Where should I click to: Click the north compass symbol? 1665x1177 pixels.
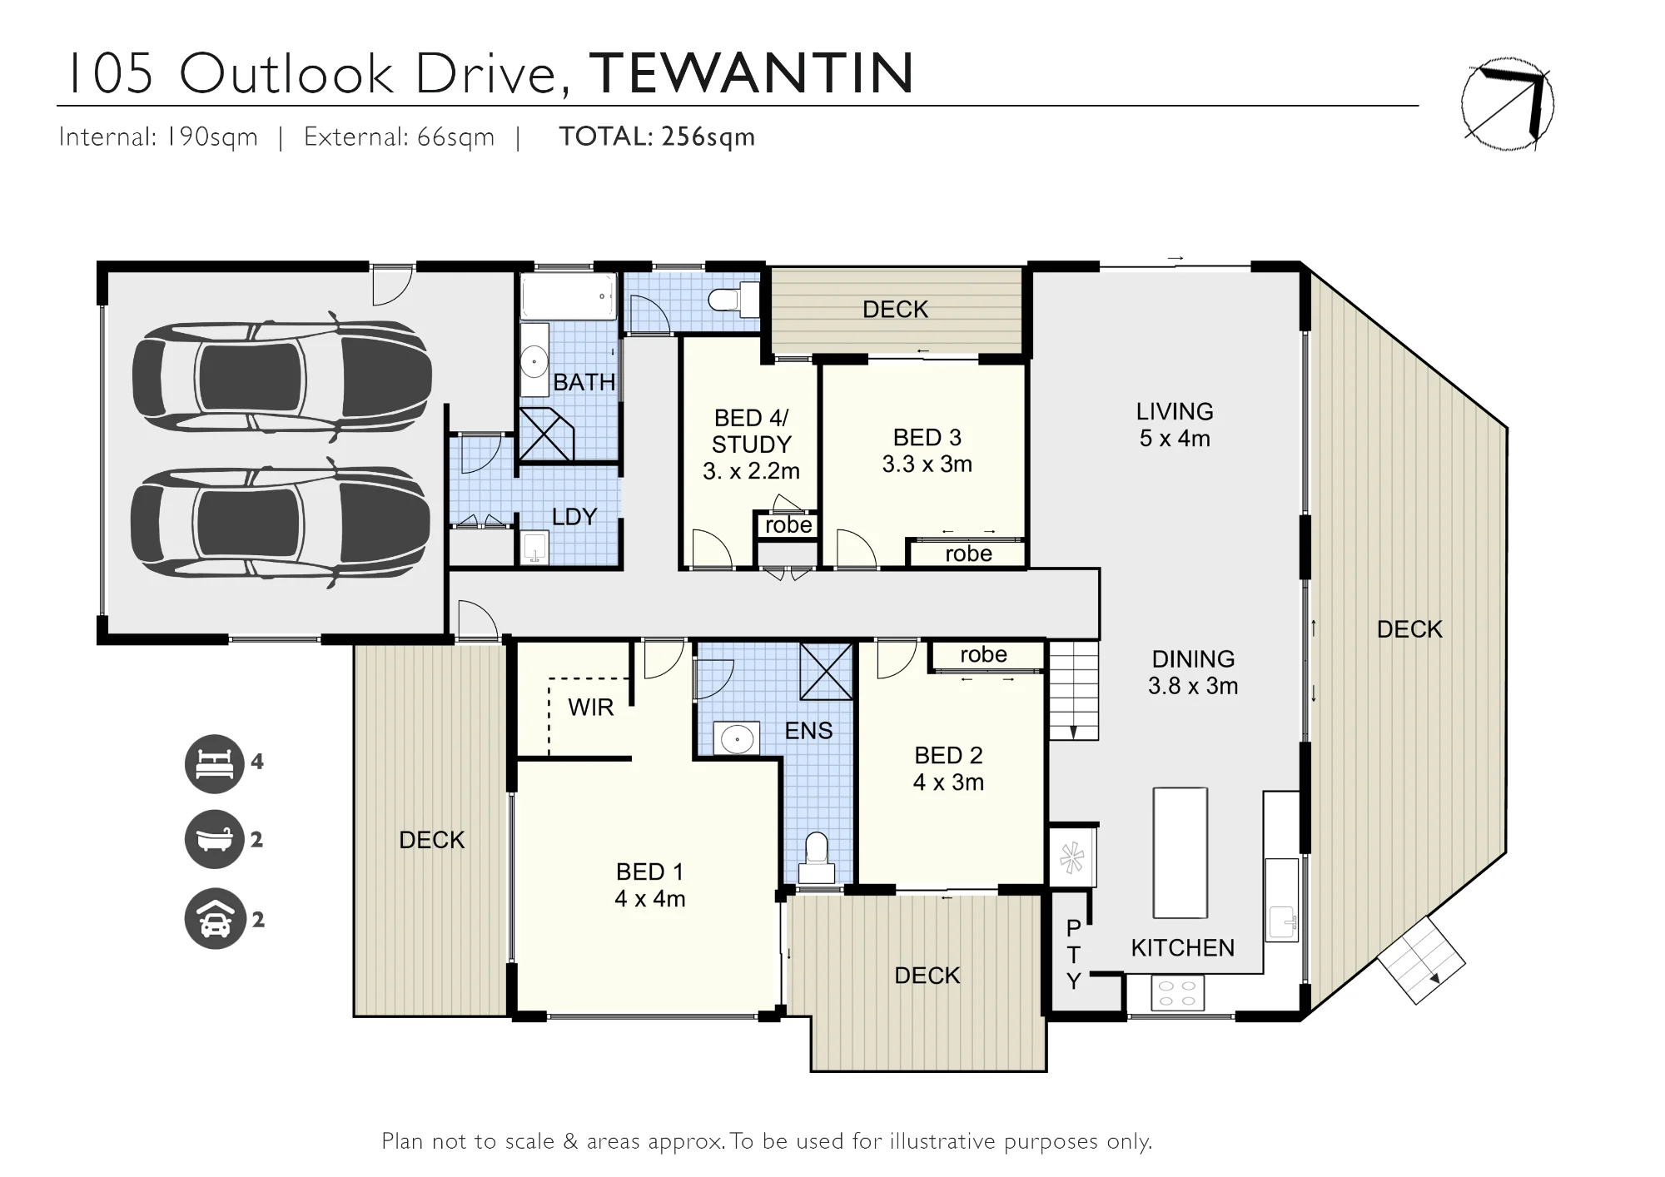1508,104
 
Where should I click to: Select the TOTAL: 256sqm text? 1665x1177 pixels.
657,137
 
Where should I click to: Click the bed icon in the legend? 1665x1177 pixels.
215,763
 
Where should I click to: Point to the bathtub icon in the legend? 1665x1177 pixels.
215,840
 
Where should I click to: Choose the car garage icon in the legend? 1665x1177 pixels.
215,918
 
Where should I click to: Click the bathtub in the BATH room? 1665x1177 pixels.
569,296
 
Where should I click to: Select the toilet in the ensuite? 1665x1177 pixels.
817,859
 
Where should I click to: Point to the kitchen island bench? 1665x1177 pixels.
1180,852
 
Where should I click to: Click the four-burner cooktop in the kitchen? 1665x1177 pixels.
1177,993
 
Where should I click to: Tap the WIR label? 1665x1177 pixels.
590,708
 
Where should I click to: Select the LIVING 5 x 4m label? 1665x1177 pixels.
1175,425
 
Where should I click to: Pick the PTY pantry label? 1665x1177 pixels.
1073,955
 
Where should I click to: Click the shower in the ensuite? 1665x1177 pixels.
826,671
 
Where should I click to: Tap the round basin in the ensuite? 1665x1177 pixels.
737,738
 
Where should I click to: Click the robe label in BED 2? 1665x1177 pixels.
983,655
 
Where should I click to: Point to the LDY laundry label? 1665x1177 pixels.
574,517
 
